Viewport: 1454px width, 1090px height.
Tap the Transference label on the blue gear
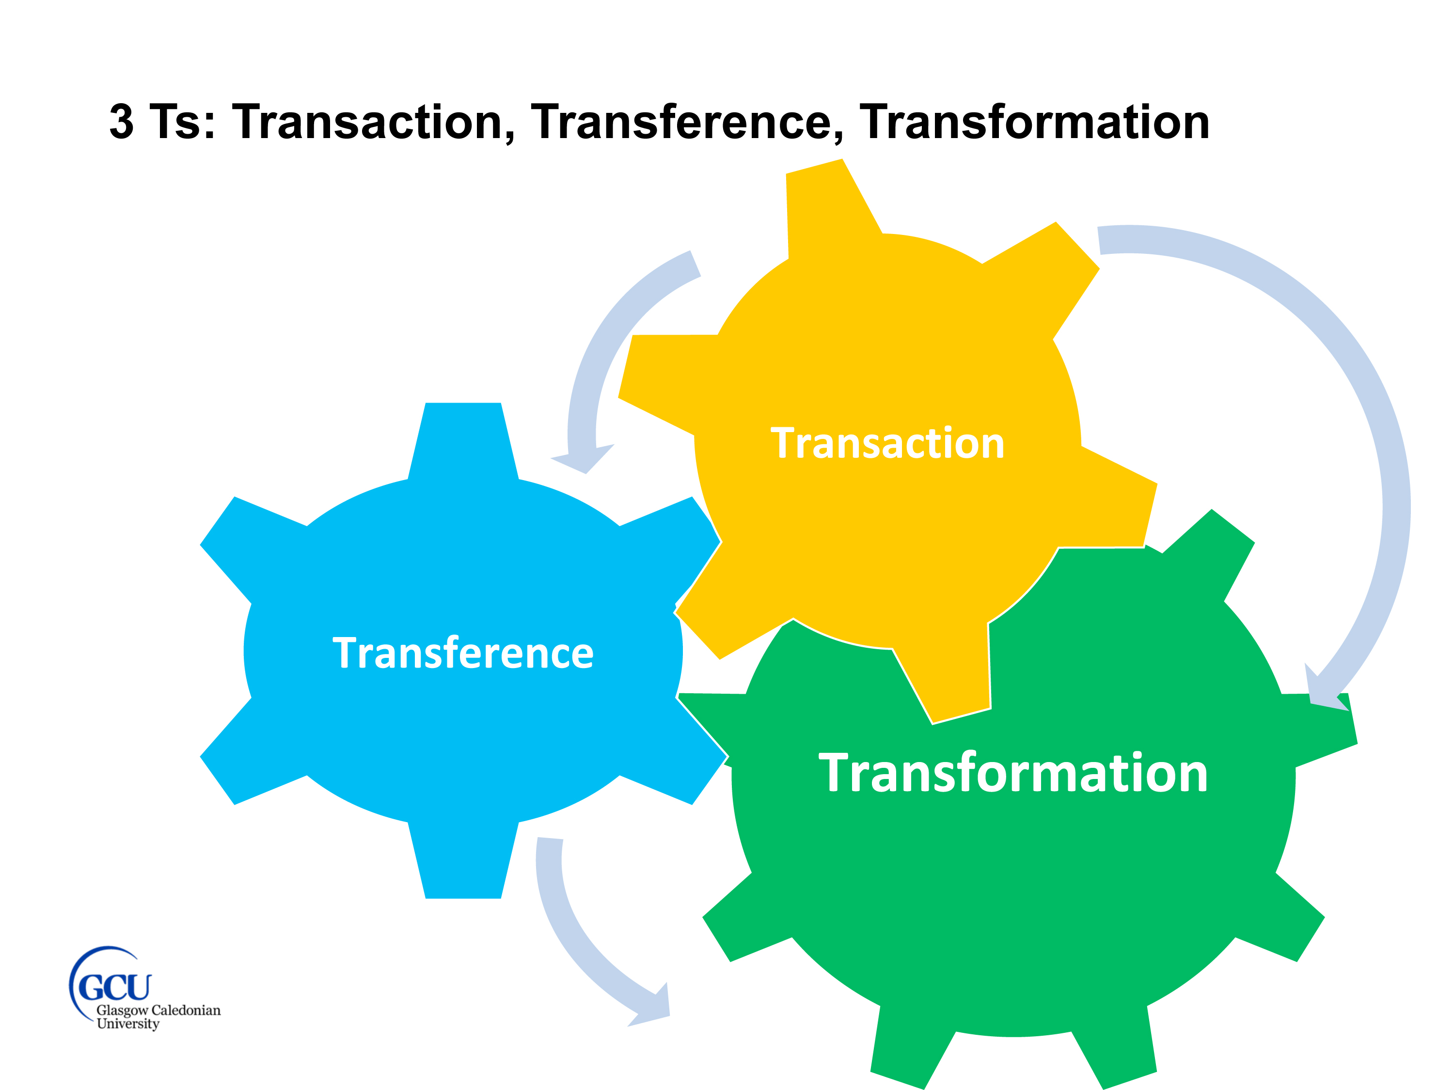(x=463, y=653)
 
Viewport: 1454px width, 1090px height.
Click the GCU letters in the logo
(x=114, y=987)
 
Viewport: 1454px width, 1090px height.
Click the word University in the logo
(x=128, y=1024)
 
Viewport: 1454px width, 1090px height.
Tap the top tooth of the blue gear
(x=463, y=437)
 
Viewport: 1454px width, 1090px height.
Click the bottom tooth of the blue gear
(x=463, y=864)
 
